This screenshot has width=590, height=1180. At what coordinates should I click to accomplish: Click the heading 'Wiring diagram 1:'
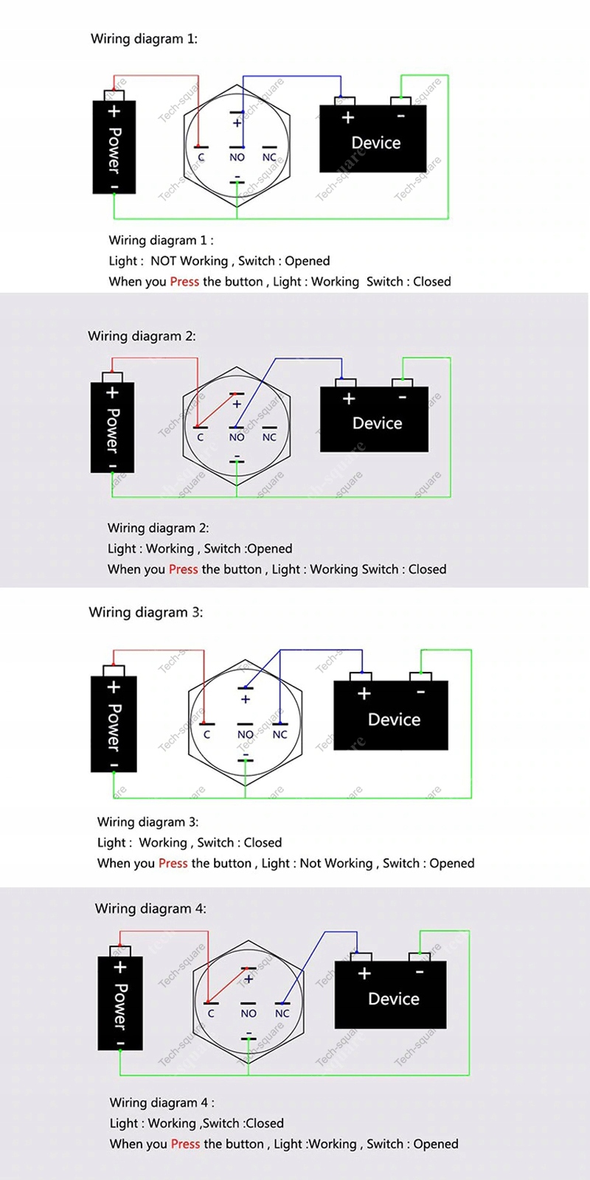[x=144, y=39]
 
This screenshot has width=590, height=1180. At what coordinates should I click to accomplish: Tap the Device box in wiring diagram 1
[x=373, y=139]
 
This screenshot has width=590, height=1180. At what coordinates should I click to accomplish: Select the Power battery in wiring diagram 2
[x=112, y=428]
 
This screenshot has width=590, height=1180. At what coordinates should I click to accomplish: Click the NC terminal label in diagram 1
[x=269, y=157]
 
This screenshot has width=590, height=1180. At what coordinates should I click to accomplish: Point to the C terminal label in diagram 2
[x=200, y=437]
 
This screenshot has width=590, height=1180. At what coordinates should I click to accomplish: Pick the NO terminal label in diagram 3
[x=245, y=735]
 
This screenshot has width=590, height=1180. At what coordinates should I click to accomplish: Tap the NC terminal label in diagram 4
[x=282, y=1013]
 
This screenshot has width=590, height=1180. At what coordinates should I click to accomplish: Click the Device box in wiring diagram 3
[x=391, y=716]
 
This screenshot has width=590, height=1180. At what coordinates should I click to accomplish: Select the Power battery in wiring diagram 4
[x=120, y=1003]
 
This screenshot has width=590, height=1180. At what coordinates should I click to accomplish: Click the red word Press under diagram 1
[x=184, y=282]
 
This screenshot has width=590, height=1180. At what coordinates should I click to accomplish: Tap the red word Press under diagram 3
[x=173, y=864]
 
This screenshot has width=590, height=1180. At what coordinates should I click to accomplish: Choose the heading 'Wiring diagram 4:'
[x=150, y=909]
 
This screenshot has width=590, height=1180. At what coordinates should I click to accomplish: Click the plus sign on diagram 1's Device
[x=348, y=117]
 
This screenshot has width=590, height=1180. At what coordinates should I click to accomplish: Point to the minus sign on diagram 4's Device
[x=420, y=973]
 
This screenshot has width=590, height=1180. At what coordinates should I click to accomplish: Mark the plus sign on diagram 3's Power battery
[x=114, y=687]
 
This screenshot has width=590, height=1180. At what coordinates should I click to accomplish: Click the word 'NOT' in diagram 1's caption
[x=163, y=261]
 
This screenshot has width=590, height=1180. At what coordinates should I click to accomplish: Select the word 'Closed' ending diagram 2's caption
[x=427, y=569]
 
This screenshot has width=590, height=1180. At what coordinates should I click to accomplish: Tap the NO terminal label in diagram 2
[x=237, y=437]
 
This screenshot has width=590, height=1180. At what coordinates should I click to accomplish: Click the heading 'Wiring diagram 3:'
[x=145, y=612]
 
